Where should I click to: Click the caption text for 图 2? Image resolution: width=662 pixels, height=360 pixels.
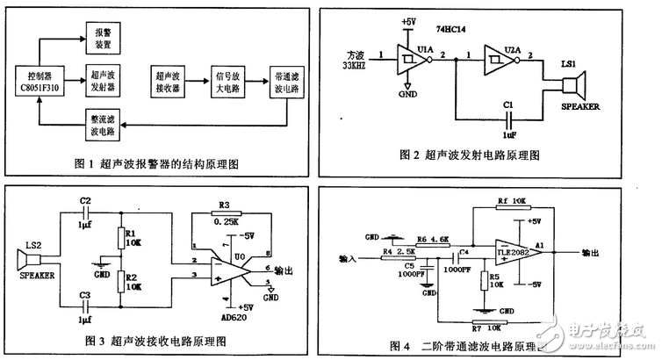click(x=480, y=155)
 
